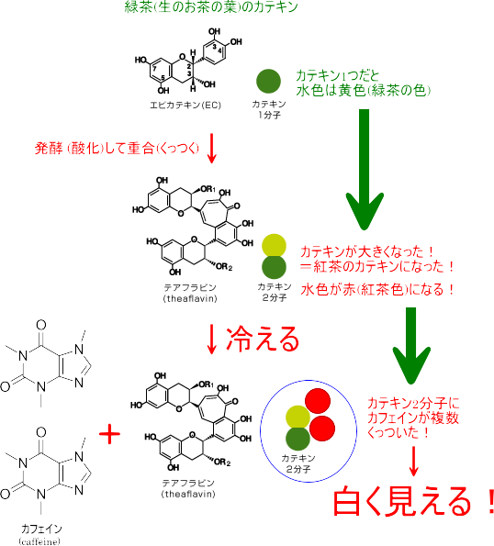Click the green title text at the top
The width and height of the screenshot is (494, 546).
(x=211, y=6)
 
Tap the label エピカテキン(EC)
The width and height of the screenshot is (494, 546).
(x=185, y=105)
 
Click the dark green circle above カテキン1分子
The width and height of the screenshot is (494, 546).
(x=268, y=81)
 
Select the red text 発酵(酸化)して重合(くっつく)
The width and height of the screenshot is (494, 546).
(x=117, y=149)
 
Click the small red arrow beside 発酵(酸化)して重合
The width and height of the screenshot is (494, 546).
(x=211, y=148)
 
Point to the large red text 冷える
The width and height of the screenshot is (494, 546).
(x=263, y=339)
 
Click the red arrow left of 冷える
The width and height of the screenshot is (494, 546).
(x=211, y=340)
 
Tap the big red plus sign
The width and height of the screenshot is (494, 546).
(x=110, y=434)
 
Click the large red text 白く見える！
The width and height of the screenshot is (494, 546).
(x=413, y=501)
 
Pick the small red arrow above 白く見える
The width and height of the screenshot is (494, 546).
(x=413, y=461)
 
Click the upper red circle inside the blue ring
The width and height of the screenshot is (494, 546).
(x=318, y=401)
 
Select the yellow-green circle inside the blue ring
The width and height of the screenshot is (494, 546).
(x=298, y=418)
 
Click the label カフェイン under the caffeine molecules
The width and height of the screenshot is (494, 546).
(x=41, y=529)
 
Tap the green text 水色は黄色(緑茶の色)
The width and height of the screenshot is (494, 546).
(x=364, y=91)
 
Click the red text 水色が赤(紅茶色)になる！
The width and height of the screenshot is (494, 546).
(x=378, y=289)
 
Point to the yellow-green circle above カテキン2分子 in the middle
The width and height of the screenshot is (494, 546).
(x=275, y=246)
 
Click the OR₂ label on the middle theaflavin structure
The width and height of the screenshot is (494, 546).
(x=224, y=267)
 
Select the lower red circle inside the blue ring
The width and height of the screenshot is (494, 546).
(x=322, y=429)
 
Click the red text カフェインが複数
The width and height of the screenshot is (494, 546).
(x=413, y=418)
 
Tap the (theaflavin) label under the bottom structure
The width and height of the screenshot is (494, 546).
(x=188, y=494)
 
